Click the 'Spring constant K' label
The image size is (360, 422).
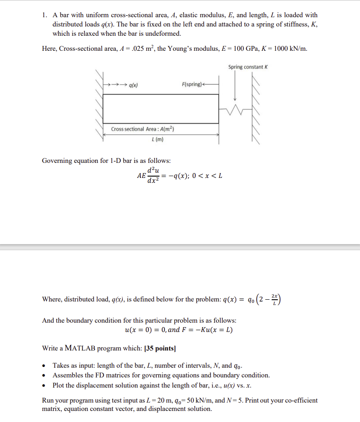click(248, 67)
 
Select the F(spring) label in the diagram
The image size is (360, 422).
click(192, 84)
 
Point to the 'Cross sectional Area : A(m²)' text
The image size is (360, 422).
click(143, 129)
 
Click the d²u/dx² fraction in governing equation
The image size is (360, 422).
click(153, 176)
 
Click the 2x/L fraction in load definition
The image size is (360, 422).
click(276, 299)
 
